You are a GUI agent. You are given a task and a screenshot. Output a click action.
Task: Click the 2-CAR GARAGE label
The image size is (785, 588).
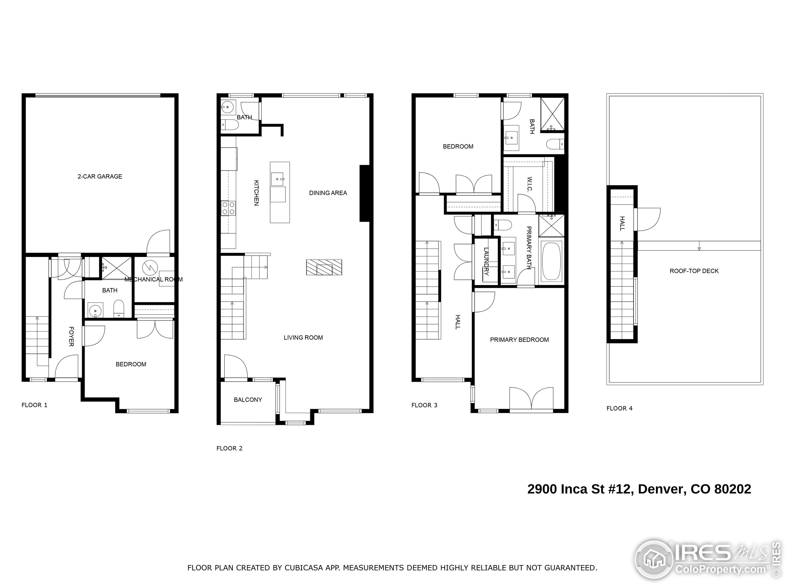[100, 176]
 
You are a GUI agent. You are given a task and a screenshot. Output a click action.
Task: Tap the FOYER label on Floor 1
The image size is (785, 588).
[71, 337]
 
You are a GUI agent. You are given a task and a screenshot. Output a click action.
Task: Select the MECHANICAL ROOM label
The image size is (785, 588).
[153, 279]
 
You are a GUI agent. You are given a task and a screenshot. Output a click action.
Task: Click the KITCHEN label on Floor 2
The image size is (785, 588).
[256, 193]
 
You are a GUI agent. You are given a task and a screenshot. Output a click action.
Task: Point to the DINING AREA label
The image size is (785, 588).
[328, 193]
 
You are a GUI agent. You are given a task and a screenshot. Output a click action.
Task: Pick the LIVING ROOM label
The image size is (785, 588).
[303, 338]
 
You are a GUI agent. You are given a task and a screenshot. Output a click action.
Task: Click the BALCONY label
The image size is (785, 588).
[248, 400]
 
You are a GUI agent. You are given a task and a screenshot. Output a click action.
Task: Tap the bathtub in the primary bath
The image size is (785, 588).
[551, 262]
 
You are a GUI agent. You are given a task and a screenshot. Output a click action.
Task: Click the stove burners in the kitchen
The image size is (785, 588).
[228, 208]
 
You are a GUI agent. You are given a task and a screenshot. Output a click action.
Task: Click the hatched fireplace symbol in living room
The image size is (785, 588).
[324, 268]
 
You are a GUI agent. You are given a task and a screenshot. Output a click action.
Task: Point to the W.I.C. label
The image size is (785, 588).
[530, 184]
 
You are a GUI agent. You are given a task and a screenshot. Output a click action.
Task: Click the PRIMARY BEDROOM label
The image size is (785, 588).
[519, 340]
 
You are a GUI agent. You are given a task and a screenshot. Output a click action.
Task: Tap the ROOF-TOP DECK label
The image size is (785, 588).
[694, 271]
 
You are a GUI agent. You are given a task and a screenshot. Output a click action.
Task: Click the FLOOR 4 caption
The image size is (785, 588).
[619, 408]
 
